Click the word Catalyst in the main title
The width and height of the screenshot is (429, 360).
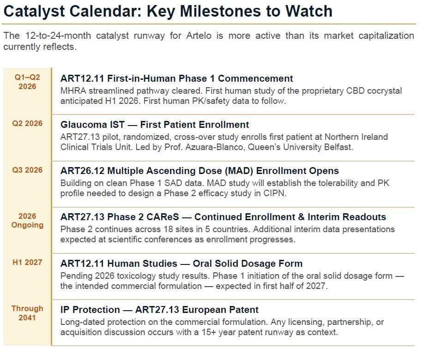point(34,11)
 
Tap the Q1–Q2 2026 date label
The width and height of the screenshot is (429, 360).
point(28,82)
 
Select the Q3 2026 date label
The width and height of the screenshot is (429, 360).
point(28,170)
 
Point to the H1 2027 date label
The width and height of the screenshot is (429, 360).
point(28,262)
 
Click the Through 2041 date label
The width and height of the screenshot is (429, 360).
point(28,313)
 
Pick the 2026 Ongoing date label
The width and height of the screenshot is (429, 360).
point(28,221)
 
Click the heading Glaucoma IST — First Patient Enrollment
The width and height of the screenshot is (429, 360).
point(155,125)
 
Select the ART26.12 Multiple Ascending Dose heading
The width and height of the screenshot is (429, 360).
point(199,171)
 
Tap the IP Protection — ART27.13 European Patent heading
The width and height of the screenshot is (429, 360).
point(159,309)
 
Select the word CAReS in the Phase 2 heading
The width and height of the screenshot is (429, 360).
point(174,217)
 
